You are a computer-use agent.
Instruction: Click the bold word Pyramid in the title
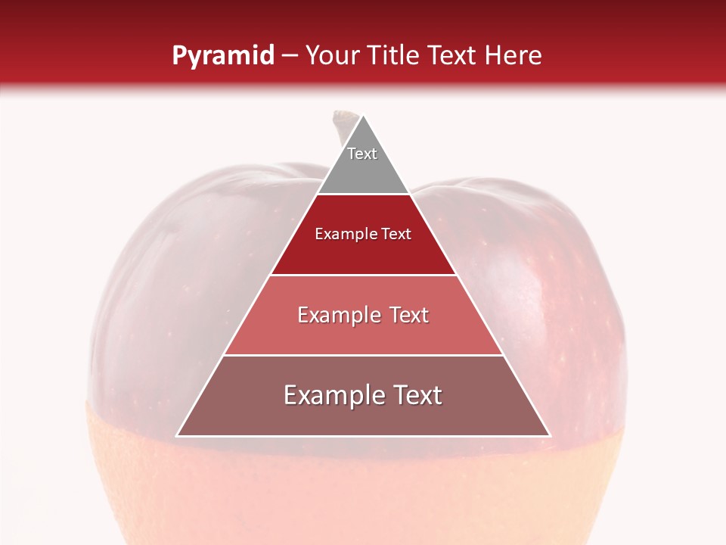pyautogui.click(x=222, y=56)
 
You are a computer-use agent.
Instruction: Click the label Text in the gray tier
pyautogui.click(x=362, y=154)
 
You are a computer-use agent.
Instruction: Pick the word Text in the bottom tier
pyautogui.click(x=415, y=395)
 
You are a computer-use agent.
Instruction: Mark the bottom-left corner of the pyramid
pyautogui.click(x=177, y=436)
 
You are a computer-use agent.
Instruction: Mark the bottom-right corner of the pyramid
pyautogui.click(x=551, y=436)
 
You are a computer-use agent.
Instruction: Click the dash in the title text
pyautogui.click(x=290, y=56)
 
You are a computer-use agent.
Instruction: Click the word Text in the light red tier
pyautogui.click(x=405, y=315)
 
